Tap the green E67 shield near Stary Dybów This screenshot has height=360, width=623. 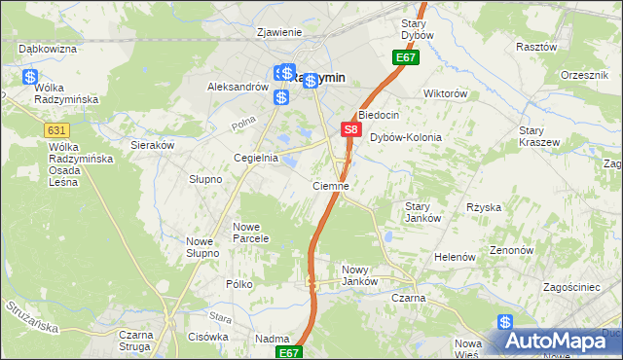point(407,59)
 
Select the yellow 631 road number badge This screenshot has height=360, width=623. point(56,128)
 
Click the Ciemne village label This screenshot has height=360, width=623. point(331,185)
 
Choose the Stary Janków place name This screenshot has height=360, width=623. point(423,212)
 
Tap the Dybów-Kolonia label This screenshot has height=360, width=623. point(406,138)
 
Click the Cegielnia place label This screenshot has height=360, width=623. point(256,158)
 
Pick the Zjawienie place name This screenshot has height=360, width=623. point(278,32)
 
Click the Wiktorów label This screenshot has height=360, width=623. point(446,94)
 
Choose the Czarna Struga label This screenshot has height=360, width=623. point(137,342)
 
